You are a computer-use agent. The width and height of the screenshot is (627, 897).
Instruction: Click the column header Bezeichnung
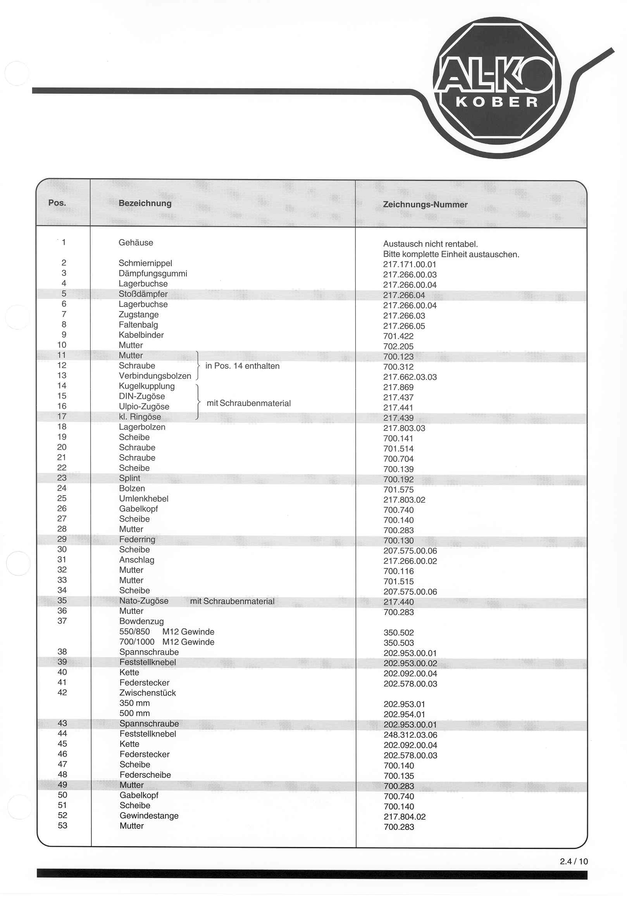click(145, 203)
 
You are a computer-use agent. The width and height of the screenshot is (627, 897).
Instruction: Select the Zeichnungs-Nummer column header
click(425, 204)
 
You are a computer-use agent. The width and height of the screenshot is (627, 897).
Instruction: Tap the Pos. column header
click(57, 203)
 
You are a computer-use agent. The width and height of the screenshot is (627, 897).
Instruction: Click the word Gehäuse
click(136, 243)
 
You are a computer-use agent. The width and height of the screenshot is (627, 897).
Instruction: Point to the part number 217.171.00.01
click(409, 265)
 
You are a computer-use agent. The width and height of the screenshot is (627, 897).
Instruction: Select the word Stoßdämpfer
click(143, 294)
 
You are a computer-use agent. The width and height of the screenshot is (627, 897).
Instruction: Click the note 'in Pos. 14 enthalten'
click(242, 366)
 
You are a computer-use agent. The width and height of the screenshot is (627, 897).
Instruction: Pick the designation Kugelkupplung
click(146, 386)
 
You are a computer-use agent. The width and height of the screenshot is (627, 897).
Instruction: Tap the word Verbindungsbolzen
click(155, 376)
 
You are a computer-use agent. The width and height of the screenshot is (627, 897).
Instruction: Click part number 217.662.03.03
click(410, 377)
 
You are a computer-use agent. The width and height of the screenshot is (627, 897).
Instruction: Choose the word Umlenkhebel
click(143, 499)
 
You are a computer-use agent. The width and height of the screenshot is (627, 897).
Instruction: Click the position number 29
click(62, 539)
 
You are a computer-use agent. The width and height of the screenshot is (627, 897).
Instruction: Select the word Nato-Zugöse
click(144, 601)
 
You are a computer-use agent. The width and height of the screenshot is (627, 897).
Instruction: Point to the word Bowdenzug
click(141, 621)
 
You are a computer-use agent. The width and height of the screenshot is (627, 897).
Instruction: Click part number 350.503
click(398, 643)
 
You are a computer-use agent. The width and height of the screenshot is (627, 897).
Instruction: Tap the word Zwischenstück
click(147, 693)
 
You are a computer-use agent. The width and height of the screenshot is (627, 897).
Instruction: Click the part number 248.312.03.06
click(410, 735)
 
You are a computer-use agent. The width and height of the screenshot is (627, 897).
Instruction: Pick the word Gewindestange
click(149, 816)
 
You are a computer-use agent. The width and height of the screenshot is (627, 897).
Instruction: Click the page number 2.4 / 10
click(574, 861)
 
